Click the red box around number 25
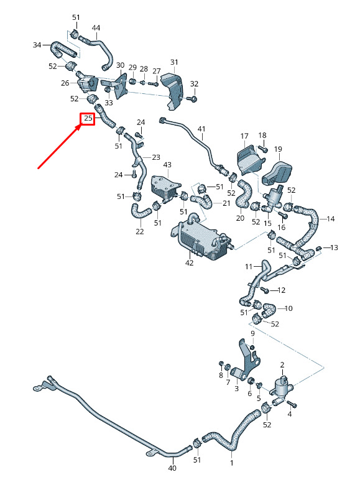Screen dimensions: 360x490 pyautogui.click(x=88, y=119)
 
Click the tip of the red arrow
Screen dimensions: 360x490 pyautogui.click(x=81, y=126)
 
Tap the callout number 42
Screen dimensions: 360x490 pyautogui.click(x=190, y=263)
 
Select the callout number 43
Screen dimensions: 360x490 pyautogui.click(x=167, y=165)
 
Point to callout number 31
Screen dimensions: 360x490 pyautogui.click(x=174, y=62)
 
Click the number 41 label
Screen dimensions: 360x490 pyautogui.click(x=201, y=129)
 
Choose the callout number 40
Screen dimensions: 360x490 pyautogui.click(x=172, y=468)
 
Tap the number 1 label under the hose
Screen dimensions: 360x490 pyautogui.click(x=231, y=463)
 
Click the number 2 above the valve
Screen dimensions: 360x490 pyautogui.click(x=282, y=364)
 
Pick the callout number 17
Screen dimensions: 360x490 pyautogui.click(x=244, y=136)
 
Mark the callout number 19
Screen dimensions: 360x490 pyautogui.click(x=278, y=149)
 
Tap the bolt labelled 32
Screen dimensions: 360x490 pyautogui.click(x=193, y=99)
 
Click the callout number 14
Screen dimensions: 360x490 pyautogui.click(x=331, y=219)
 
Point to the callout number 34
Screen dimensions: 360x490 pyautogui.click(x=37, y=45)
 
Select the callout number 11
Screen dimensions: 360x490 pyautogui.click(x=249, y=267)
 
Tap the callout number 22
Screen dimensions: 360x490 pyautogui.click(x=140, y=231)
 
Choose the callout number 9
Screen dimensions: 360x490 pyautogui.click(x=252, y=333)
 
